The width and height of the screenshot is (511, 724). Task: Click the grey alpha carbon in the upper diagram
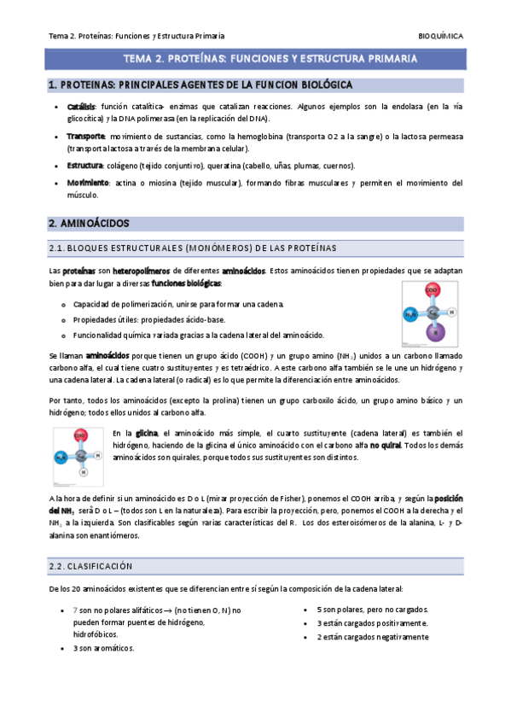tap(432, 312)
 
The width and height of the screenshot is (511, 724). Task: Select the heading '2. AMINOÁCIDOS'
tap(89, 223)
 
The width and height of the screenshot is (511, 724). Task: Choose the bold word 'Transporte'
tap(85, 136)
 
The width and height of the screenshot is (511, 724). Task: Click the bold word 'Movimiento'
tap(88, 183)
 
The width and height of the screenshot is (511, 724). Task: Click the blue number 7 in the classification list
tap(76, 610)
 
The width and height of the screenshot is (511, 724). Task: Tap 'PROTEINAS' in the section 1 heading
tap(84, 85)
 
